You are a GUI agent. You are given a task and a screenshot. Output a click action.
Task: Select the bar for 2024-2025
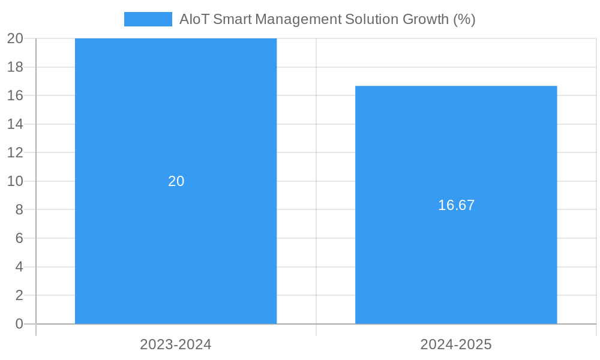[x=456, y=264]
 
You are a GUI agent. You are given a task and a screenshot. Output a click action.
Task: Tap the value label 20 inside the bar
[x=176, y=181]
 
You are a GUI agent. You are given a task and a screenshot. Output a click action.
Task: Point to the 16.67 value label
[x=456, y=205]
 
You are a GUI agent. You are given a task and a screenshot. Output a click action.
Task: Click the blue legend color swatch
[x=148, y=19]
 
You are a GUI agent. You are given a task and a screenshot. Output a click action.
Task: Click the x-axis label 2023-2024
[x=176, y=344]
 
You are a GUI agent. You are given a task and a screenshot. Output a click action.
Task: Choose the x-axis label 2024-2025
[x=456, y=344]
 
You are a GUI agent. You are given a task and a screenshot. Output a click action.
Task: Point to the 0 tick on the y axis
[x=19, y=324]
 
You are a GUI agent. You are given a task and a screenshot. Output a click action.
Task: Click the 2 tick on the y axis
[x=19, y=295]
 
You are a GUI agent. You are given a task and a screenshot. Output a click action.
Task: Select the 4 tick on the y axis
[x=19, y=267]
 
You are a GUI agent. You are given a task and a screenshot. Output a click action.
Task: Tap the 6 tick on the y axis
[x=19, y=238]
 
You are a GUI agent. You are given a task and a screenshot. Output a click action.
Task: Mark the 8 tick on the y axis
[x=19, y=209]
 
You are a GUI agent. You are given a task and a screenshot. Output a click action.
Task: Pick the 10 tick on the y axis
[x=15, y=181]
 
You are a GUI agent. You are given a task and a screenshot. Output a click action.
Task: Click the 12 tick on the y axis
[x=15, y=152]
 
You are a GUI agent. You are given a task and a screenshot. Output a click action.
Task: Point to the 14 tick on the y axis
[x=15, y=124]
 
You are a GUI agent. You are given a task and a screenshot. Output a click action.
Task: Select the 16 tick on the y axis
[x=15, y=95]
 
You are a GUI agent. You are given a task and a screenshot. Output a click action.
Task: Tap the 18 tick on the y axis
[x=15, y=67]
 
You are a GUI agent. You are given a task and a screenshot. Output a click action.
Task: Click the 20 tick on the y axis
[x=15, y=38]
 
